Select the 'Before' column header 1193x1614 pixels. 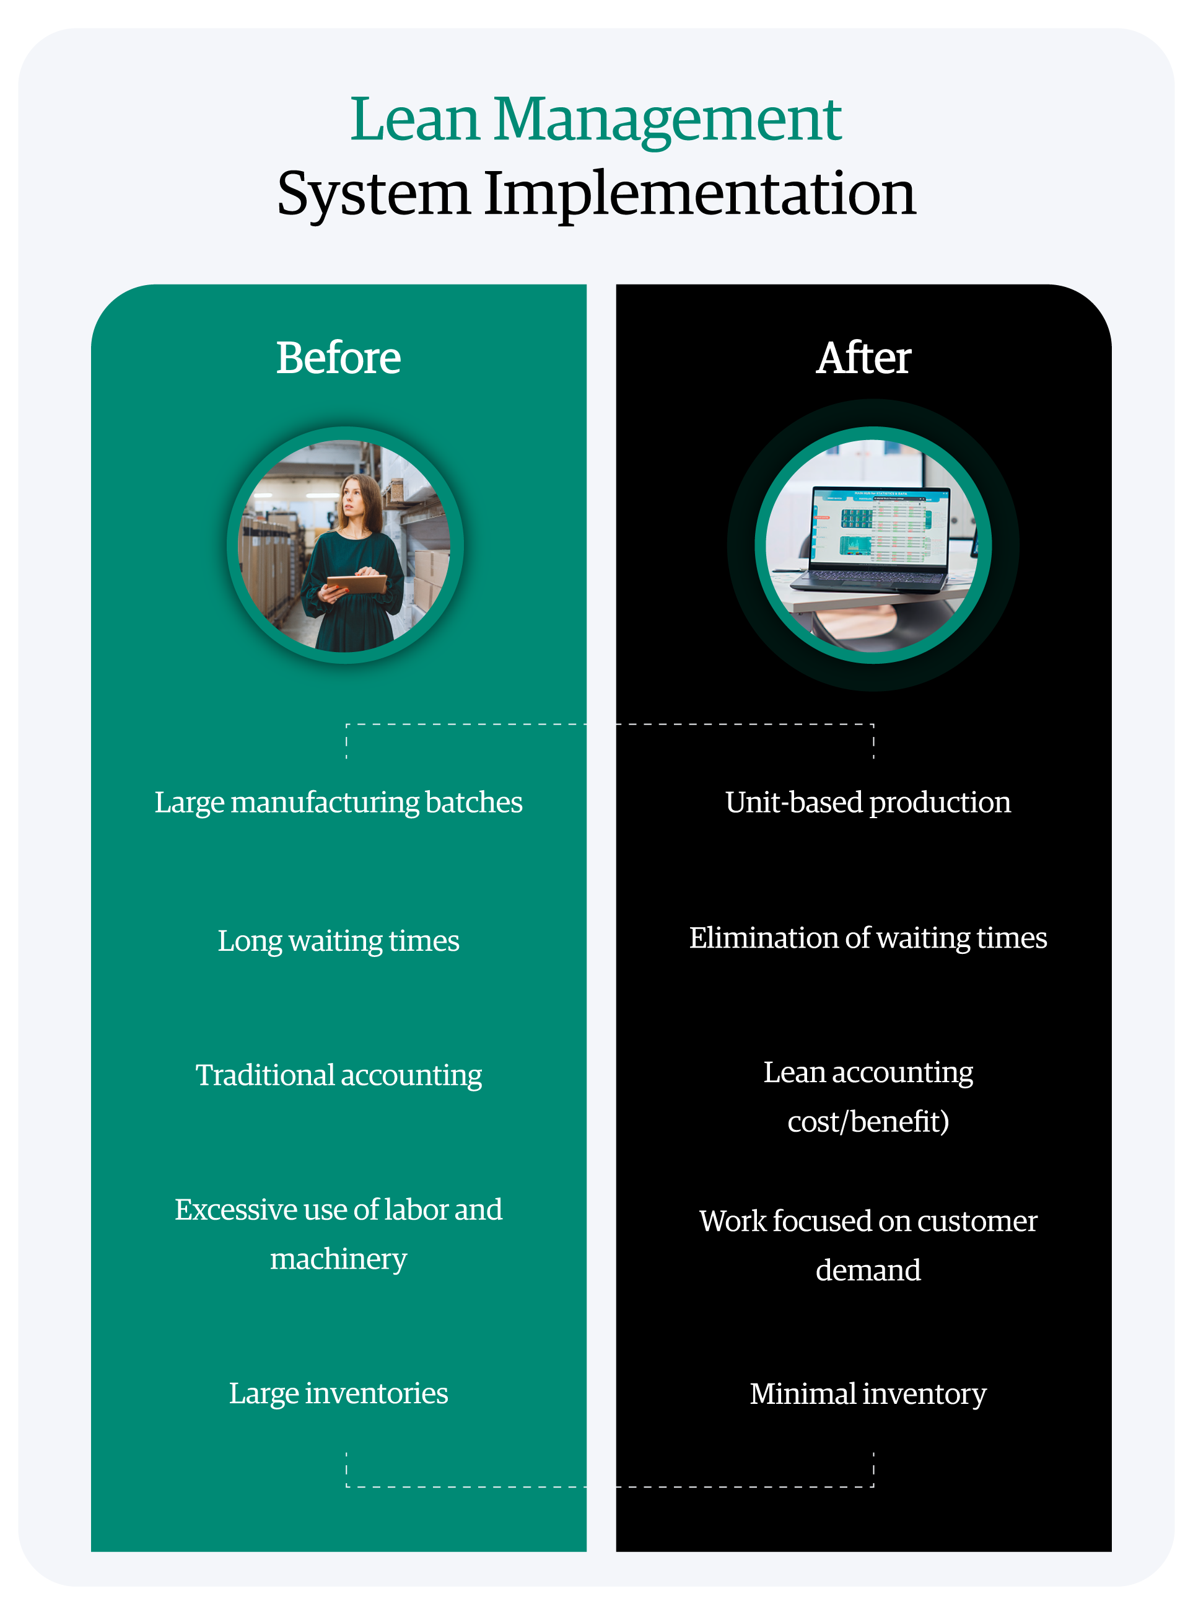click(x=338, y=358)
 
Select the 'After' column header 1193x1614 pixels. click(x=863, y=358)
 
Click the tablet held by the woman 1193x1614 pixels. click(x=356, y=583)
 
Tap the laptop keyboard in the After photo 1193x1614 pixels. click(x=870, y=578)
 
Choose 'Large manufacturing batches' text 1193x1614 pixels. click(x=338, y=802)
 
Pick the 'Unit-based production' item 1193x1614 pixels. click(x=868, y=802)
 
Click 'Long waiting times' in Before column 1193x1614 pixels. click(x=338, y=941)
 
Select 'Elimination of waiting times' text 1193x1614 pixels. click(x=868, y=938)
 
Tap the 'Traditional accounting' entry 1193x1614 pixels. click(x=338, y=1075)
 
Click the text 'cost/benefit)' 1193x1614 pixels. click(x=868, y=1121)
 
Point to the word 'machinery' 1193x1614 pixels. click(x=338, y=1259)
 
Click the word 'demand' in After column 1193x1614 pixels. click(x=868, y=1270)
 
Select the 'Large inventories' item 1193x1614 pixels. click(x=338, y=1393)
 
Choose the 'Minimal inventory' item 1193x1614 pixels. click(x=868, y=1393)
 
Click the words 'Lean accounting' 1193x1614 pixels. click(x=868, y=1072)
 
